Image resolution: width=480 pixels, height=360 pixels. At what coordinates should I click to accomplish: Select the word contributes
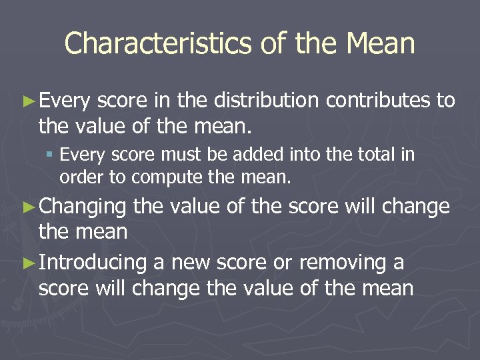(x=378, y=101)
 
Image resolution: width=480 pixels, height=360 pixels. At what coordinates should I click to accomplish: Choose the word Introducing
(x=93, y=263)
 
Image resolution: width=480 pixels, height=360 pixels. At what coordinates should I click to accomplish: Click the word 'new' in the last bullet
(x=194, y=263)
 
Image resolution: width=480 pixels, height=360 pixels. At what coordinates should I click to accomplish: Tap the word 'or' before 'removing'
(x=283, y=263)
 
